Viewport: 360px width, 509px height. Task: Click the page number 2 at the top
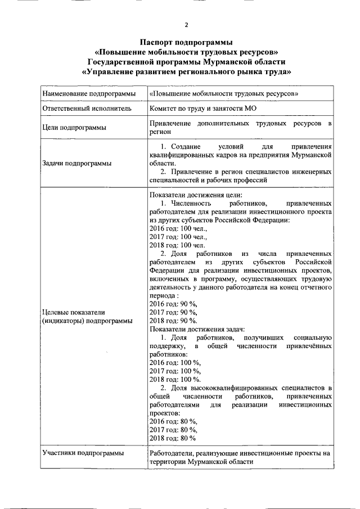click(186, 25)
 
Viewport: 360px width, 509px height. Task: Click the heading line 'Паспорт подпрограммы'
click(186, 42)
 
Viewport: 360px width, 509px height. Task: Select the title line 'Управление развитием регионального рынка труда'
click(186, 72)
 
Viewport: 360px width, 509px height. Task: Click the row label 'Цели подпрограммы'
click(74, 127)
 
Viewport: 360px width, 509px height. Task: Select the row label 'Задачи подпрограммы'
click(76, 163)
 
